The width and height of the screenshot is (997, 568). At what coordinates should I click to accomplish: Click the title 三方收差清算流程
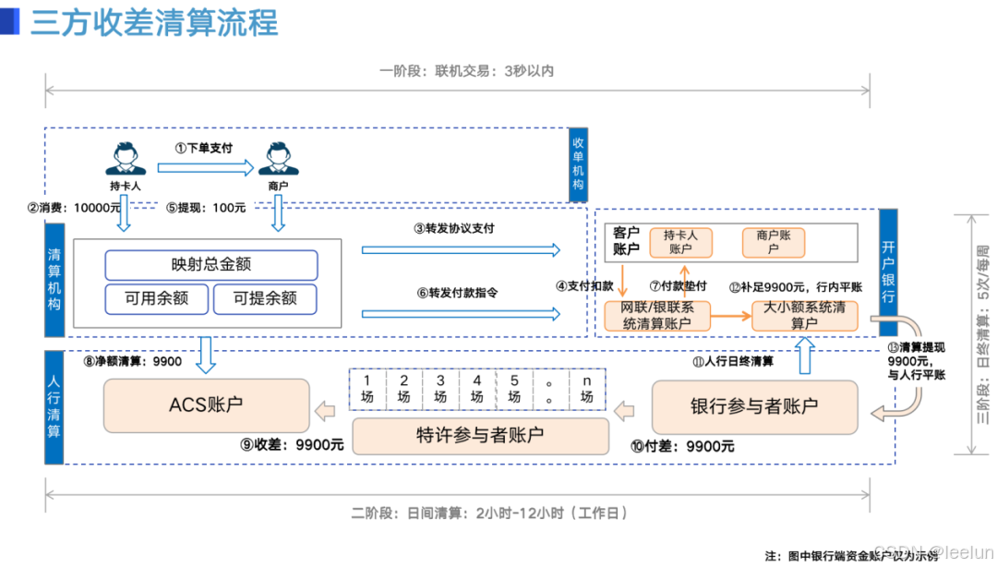[x=153, y=23]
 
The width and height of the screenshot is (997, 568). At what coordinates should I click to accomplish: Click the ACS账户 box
[x=206, y=405]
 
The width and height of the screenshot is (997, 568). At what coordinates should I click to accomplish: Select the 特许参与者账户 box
[x=480, y=435]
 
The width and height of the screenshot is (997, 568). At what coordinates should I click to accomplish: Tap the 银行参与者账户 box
[x=754, y=406]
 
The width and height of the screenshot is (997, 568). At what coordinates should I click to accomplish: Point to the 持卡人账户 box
[x=680, y=242]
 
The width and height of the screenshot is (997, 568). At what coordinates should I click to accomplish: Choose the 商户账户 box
[x=774, y=242]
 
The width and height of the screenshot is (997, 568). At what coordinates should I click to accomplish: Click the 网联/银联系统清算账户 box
[x=656, y=315]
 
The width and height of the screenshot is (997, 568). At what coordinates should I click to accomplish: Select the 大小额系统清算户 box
[x=804, y=315]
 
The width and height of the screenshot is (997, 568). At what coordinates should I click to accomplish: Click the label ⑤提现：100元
[x=206, y=209]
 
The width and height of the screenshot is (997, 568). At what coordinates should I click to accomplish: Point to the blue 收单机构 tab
[x=579, y=164]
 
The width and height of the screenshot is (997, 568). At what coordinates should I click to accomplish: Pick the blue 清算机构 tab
[x=54, y=279]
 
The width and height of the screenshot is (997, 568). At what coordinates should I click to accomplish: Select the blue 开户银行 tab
[x=888, y=272]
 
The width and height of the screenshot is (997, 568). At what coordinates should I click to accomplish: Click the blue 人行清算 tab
[x=54, y=406]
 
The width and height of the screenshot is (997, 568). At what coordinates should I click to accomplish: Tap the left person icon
[x=125, y=159]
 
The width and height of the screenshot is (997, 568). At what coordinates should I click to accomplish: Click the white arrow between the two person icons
[x=204, y=167]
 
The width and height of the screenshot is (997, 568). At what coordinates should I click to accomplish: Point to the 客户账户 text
[x=626, y=241]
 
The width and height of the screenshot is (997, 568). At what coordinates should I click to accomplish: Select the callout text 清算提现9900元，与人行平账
[x=916, y=361]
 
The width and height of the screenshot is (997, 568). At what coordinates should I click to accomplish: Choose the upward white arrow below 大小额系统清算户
[x=804, y=355]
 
